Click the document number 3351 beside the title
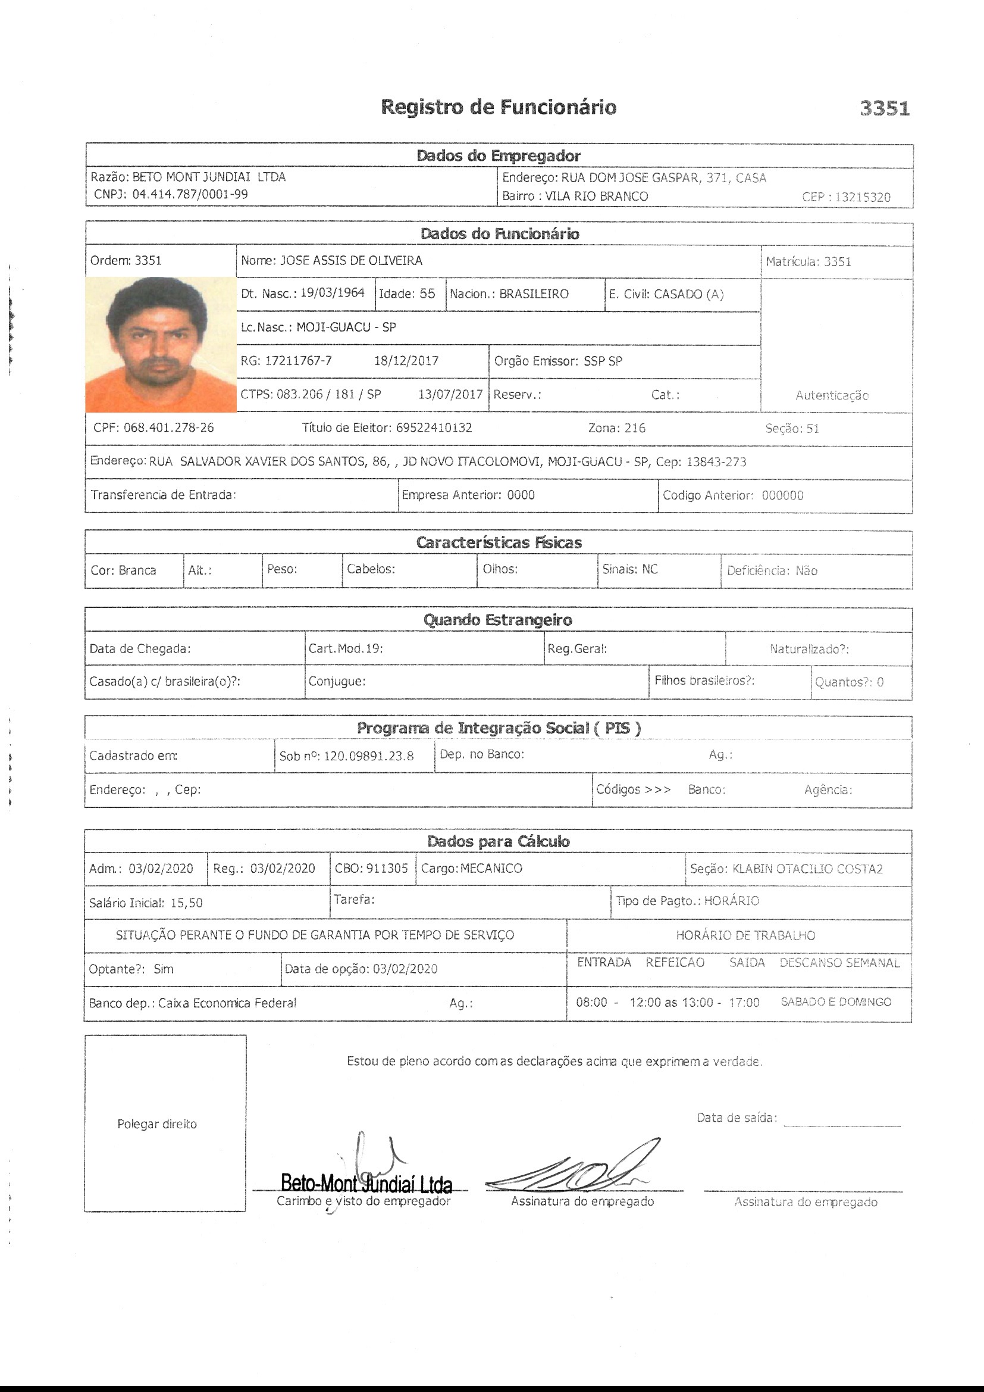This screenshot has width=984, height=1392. click(884, 108)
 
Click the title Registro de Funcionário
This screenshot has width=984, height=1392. click(498, 107)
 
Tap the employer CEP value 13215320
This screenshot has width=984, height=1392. click(862, 197)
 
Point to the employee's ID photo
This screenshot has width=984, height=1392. click(161, 344)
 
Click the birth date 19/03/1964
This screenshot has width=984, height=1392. click(332, 293)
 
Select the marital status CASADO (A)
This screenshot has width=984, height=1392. click(688, 294)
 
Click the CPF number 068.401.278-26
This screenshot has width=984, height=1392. click(168, 427)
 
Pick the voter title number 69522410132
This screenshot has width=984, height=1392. click(434, 428)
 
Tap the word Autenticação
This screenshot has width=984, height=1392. click(831, 395)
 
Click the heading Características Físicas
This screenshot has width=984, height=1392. click(498, 542)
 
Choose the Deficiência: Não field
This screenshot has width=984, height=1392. click(772, 570)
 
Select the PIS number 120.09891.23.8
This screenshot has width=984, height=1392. click(368, 756)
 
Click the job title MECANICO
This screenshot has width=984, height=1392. click(491, 868)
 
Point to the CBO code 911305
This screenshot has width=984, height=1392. click(387, 868)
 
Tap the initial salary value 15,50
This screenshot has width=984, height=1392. click(186, 903)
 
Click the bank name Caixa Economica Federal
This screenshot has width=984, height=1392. click(227, 1003)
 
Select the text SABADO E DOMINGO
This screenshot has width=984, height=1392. click(835, 1002)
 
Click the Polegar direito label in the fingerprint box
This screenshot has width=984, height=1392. click(157, 1124)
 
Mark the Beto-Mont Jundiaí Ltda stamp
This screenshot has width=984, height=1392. click(366, 1183)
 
